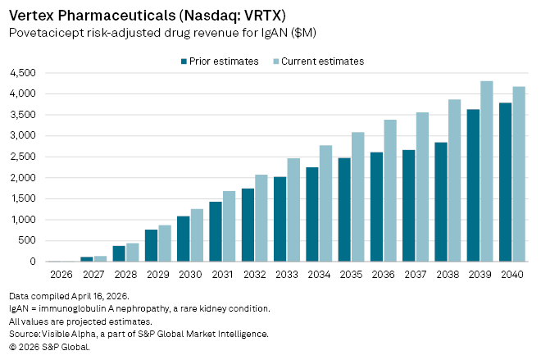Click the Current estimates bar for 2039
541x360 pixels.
click(486, 171)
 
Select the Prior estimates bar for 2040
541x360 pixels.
click(505, 182)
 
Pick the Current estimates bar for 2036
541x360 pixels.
click(389, 191)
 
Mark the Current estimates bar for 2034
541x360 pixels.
click(325, 203)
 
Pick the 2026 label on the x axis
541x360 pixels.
click(61, 274)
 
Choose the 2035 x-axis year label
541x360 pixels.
click(351, 274)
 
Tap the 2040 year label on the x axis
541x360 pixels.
click(512, 274)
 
